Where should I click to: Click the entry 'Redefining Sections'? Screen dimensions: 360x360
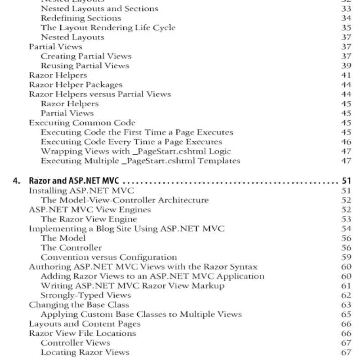pyautogui.click(x=81, y=18)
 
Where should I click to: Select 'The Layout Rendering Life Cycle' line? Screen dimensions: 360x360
pyautogui.click(x=108, y=28)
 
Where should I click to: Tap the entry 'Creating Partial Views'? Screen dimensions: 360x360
pyautogui.click(x=86, y=56)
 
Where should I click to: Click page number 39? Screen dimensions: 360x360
pyautogui.click(x=346, y=66)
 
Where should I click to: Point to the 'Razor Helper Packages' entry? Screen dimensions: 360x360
pyautogui.click(x=76, y=85)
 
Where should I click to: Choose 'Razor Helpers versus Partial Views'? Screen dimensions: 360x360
pyautogui.click(x=100, y=94)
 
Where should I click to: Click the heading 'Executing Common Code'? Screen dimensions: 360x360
pyautogui.click(x=82, y=123)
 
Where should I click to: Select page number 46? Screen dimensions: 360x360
pyautogui.click(x=346, y=142)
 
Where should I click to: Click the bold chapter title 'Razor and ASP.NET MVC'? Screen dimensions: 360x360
pyautogui.click(x=74, y=181)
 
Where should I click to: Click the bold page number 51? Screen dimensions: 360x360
pyautogui.click(x=346, y=181)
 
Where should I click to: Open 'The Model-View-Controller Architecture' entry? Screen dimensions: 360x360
pyautogui.click(x=125, y=200)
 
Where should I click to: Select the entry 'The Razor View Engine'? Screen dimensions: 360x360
pyautogui.click(x=89, y=219)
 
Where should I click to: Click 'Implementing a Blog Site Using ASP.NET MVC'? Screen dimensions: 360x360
pyautogui.click(x=126, y=229)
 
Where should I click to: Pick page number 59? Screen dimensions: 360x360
pyautogui.click(x=346, y=257)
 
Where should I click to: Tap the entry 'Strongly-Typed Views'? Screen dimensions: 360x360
pyautogui.click(x=85, y=295)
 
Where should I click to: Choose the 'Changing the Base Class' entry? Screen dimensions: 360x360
pyautogui.click(x=79, y=305)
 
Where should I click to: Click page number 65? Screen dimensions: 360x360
pyautogui.click(x=346, y=314)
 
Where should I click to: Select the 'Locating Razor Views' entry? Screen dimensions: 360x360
pyautogui.click(x=85, y=352)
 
